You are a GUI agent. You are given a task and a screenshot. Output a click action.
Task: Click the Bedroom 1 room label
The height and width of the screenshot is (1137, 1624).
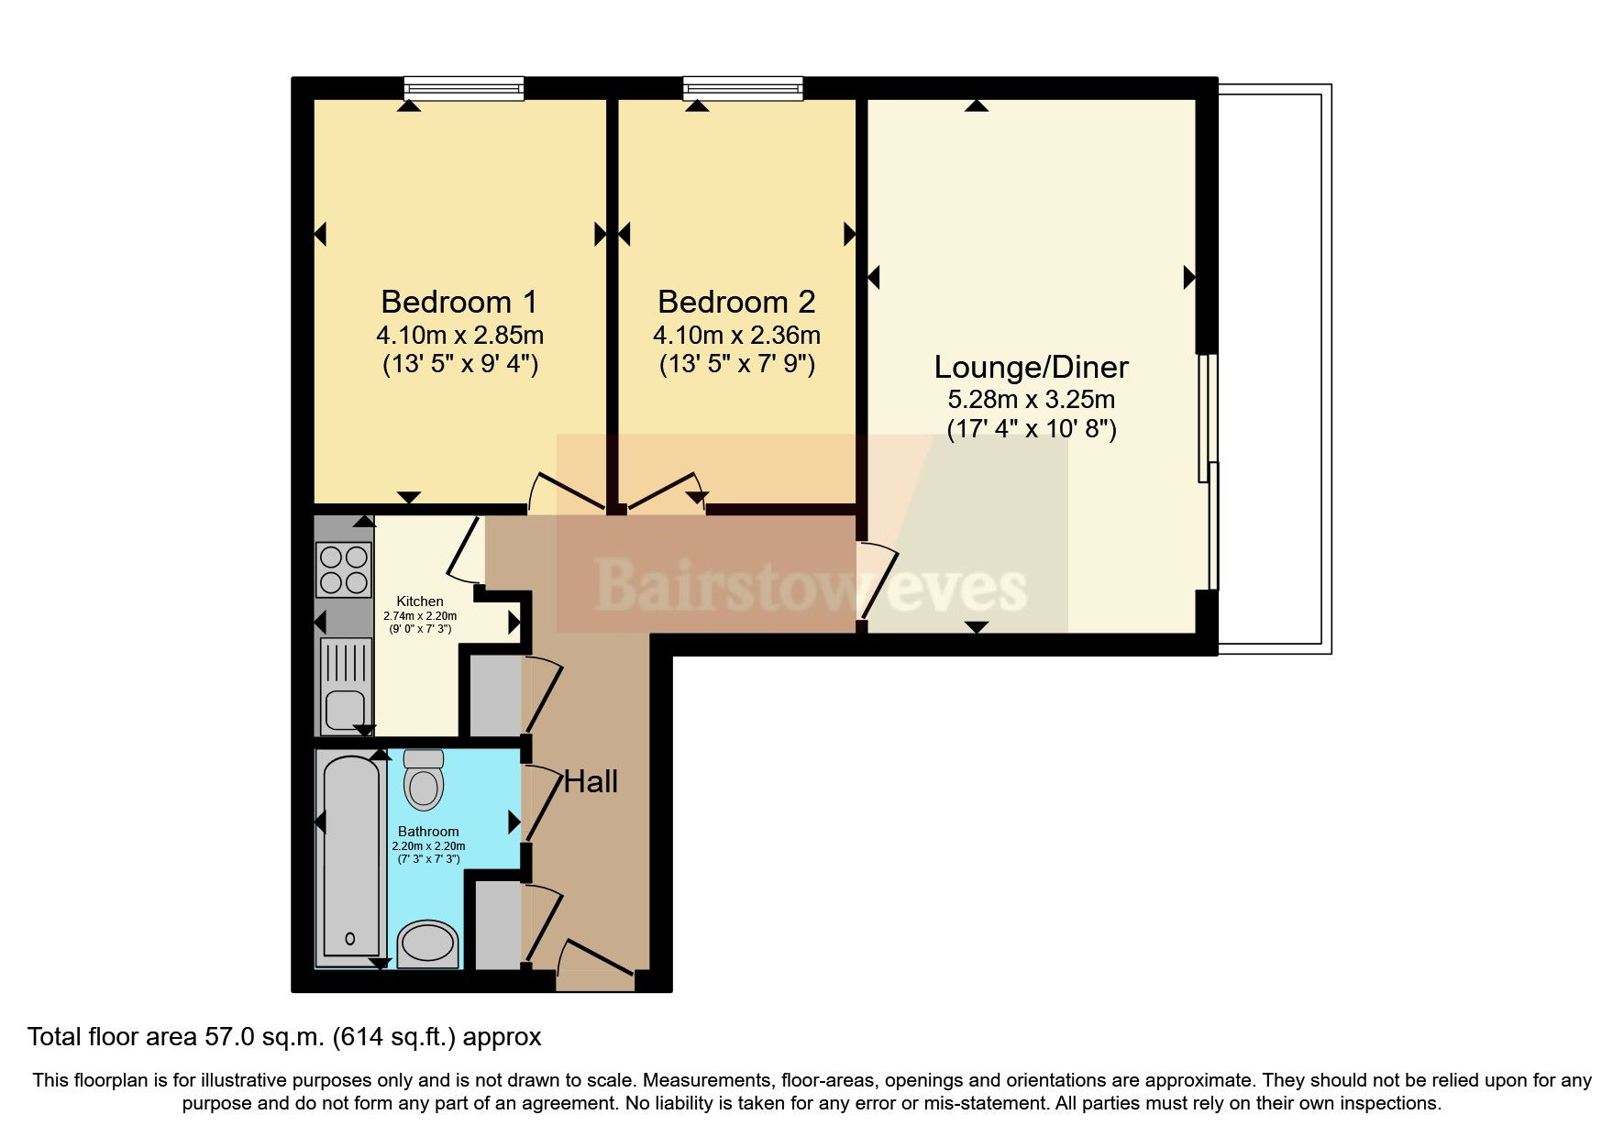click(458, 302)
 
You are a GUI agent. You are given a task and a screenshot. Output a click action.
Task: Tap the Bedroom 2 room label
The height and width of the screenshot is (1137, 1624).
click(736, 302)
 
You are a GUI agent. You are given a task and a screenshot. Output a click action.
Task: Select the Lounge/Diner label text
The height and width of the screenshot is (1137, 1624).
click(1031, 367)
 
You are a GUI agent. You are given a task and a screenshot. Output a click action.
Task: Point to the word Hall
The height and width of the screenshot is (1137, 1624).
click(591, 782)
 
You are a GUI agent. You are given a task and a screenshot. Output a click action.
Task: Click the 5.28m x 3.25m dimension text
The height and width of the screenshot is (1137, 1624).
click(1031, 400)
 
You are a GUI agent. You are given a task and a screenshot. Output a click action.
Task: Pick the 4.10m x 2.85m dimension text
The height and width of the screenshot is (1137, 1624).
click(458, 335)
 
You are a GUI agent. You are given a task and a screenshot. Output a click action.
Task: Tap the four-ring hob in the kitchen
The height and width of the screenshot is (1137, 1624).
click(343, 569)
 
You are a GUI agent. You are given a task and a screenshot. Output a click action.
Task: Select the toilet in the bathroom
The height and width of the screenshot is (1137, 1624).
click(424, 780)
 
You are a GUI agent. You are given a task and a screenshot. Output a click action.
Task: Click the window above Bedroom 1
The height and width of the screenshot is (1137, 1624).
click(465, 89)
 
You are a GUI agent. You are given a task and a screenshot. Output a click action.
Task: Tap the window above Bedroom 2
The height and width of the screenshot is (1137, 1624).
click(743, 89)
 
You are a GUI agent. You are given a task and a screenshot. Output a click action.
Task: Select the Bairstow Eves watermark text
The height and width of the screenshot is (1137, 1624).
click(811, 587)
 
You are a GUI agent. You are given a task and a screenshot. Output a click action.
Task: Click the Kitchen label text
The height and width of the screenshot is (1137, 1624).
click(420, 602)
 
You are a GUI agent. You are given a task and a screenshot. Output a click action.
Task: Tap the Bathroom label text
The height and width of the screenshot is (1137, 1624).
click(428, 832)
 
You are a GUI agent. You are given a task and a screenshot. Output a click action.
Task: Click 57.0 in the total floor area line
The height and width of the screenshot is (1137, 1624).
click(229, 1037)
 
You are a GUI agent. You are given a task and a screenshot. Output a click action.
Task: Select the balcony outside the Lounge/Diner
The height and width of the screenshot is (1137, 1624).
click(1275, 367)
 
